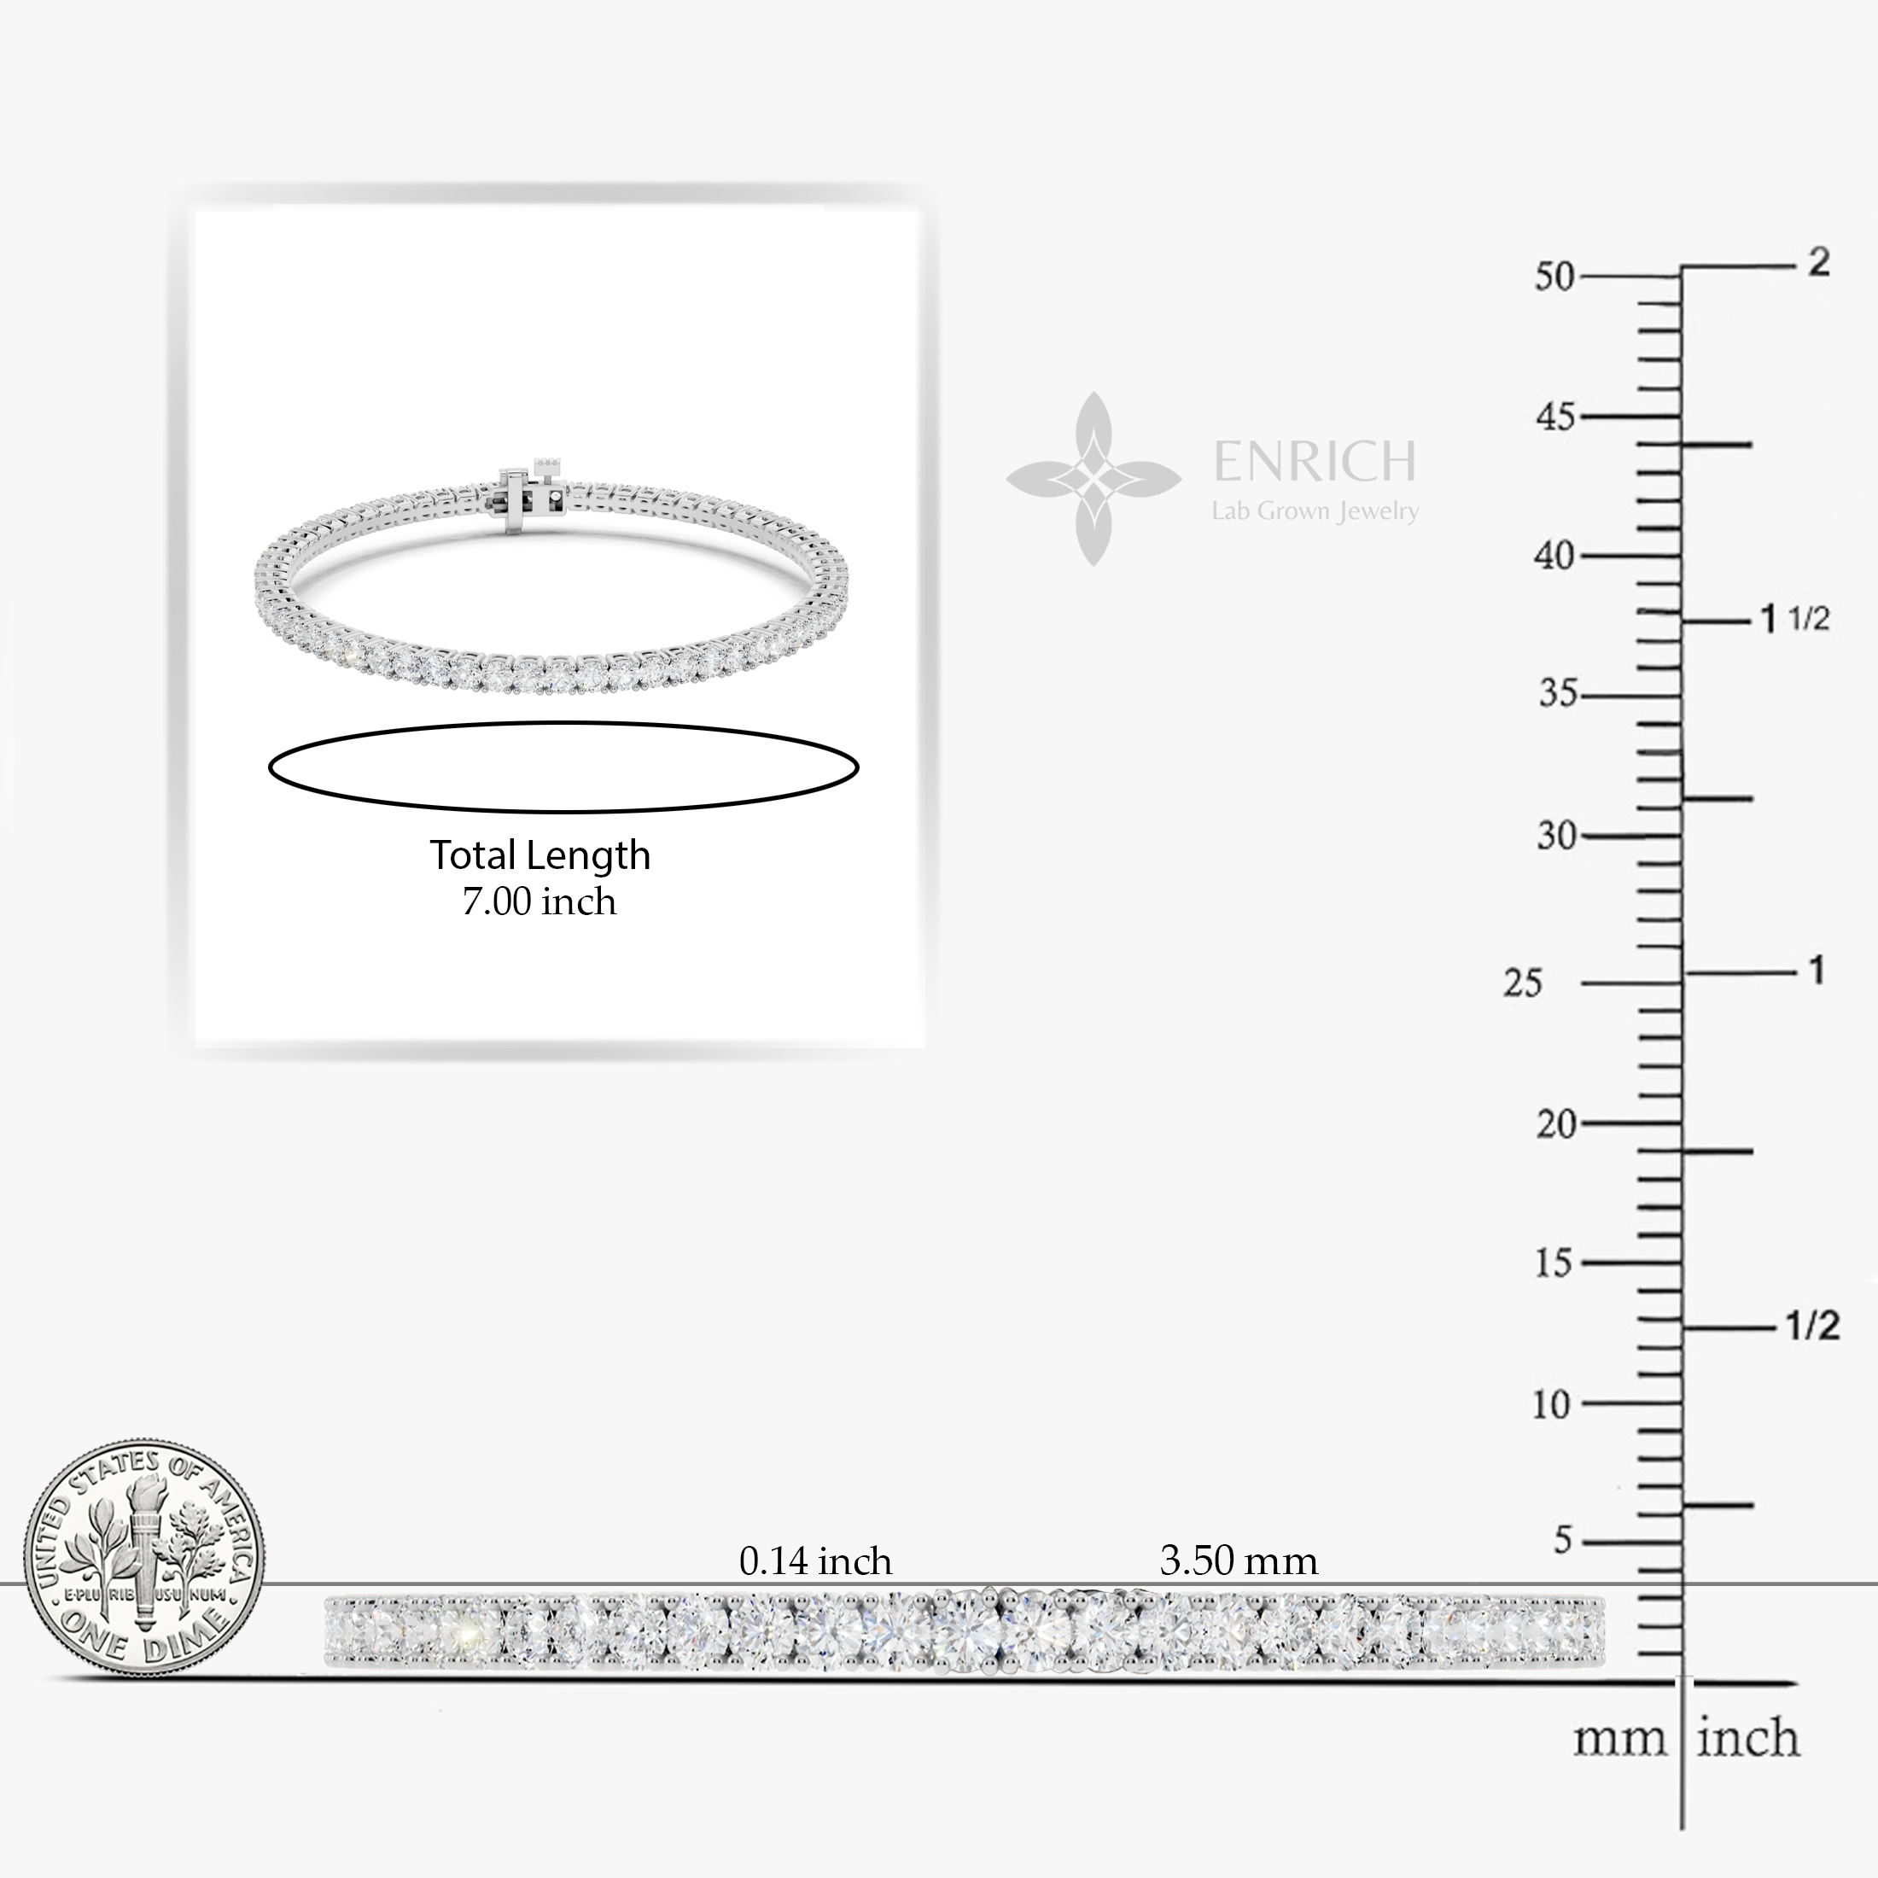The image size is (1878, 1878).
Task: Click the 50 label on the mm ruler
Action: click(x=1554, y=277)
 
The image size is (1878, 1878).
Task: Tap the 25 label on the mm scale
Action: click(x=1522, y=983)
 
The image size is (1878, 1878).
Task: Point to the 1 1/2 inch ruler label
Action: click(x=1795, y=618)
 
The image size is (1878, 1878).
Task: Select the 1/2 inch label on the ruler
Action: click(x=1813, y=1327)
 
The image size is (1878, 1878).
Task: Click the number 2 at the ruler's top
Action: click(x=1817, y=262)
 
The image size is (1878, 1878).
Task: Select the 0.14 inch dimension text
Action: click(x=814, y=1562)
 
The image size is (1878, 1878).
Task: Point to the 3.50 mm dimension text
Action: click(x=1239, y=1562)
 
